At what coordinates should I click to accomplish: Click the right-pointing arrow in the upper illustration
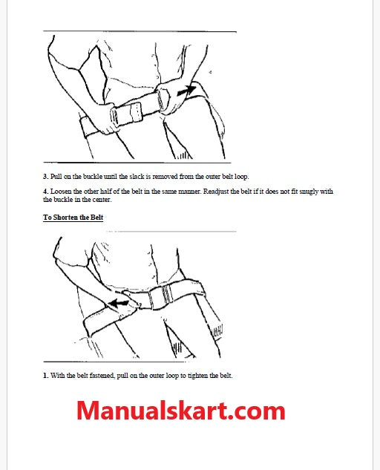point(186,91)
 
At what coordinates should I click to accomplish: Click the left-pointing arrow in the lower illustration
point(118,304)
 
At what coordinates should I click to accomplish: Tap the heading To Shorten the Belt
point(73,218)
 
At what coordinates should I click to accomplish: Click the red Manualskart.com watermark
point(180,411)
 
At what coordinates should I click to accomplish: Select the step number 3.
point(45,177)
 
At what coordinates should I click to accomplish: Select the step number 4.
point(45,192)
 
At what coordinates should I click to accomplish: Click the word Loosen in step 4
point(62,192)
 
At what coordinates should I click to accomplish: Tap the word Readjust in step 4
point(216,192)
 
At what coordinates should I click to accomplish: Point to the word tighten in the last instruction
point(197,376)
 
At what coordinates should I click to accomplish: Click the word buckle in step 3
point(93,177)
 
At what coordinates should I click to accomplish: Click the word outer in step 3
point(213,177)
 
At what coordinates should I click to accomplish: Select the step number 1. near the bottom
point(45,376)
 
